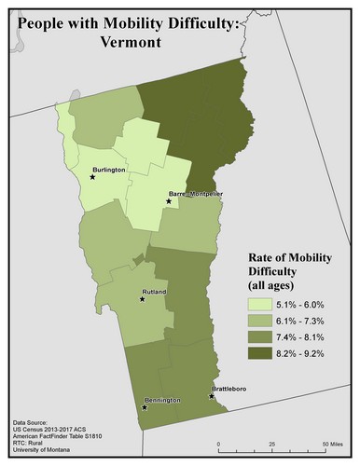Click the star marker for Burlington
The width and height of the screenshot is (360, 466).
point(92,177)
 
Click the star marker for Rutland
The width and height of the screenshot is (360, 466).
point(143,300)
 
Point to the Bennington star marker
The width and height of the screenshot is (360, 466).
point(145,407)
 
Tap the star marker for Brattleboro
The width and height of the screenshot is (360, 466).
point(212,396)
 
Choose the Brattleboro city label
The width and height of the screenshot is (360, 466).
point(233,390)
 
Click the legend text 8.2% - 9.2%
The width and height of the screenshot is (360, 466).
point(305,354)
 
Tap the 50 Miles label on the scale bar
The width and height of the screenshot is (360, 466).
point(333,442)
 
